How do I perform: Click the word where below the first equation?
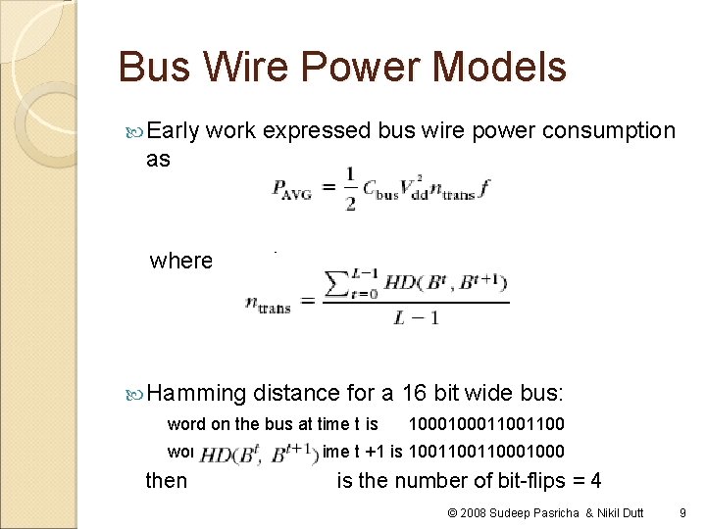click(180, 261)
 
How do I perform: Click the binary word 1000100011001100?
click(486, 425)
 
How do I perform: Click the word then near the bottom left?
click(166, 480)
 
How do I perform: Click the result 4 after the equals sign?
click(595, 480)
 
